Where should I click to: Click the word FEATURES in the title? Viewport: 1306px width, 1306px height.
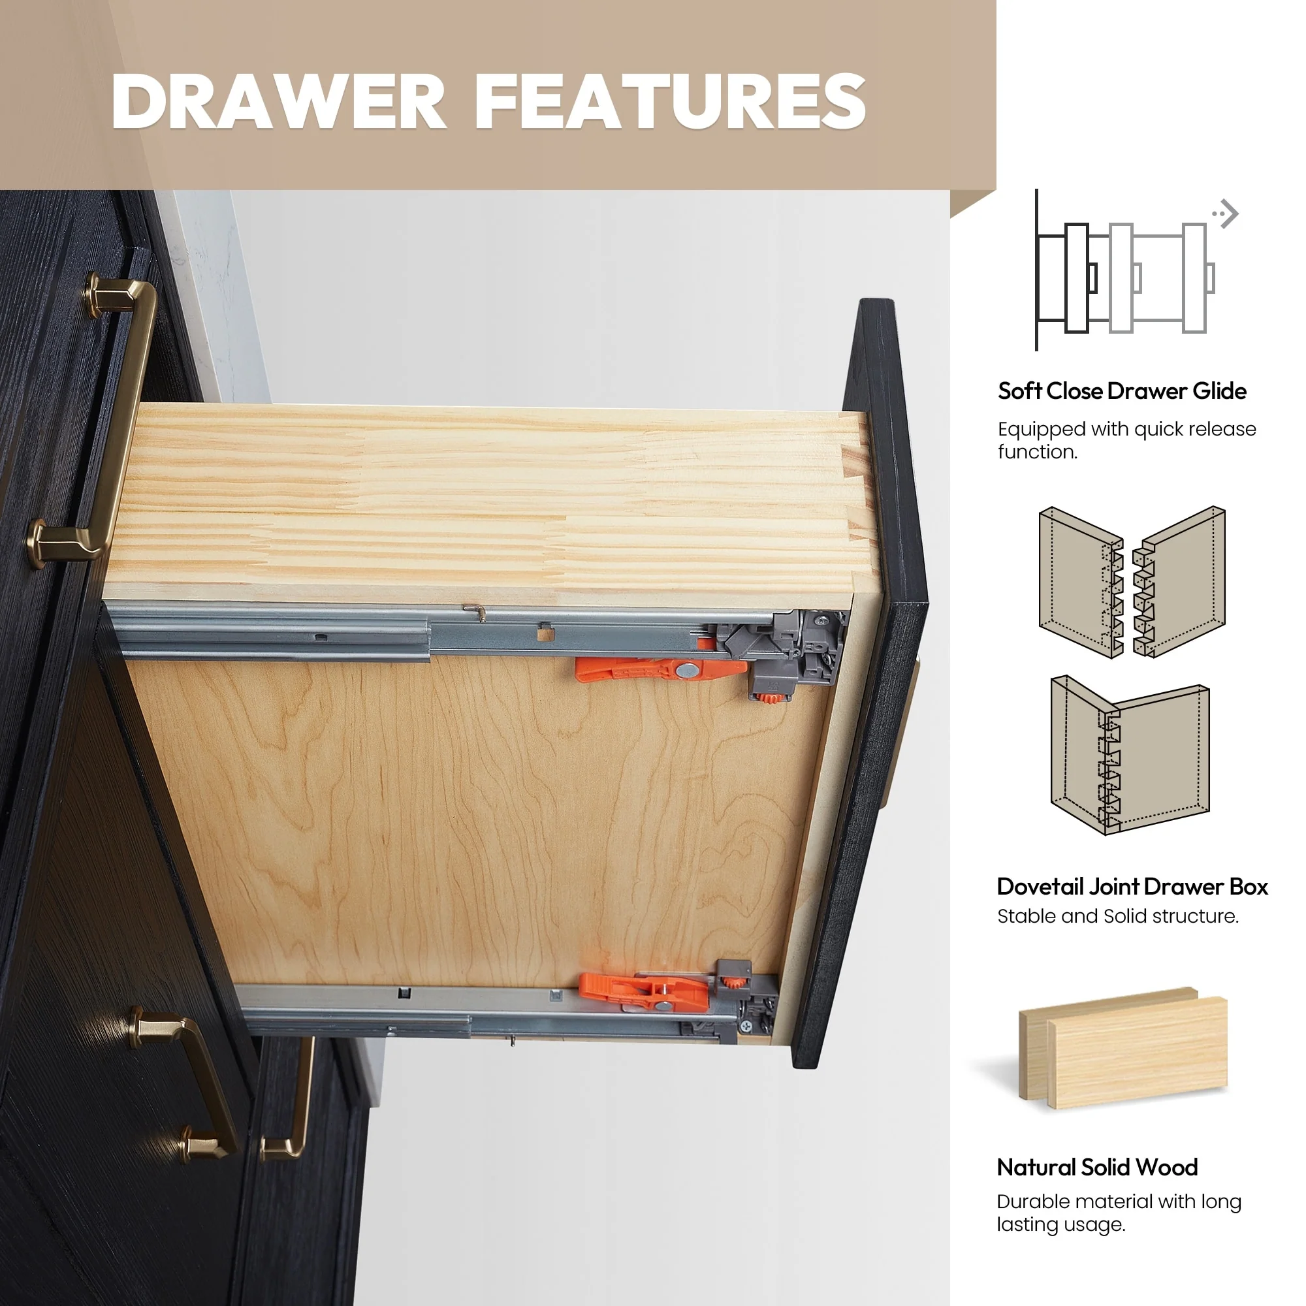(x=671, y=101)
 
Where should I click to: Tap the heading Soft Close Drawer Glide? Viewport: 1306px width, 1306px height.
(x=1122, y=390)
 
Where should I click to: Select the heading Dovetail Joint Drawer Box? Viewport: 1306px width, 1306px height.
(x=1132, y=886)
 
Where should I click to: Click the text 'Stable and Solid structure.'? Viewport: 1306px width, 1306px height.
(x=1118, y=916)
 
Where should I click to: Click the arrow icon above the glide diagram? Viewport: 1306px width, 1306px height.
(x=1225, y=214)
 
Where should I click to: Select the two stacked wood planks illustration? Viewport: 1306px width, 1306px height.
(x=1123, y=1048)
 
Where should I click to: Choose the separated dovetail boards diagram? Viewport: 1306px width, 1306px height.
(x=1132, y=581)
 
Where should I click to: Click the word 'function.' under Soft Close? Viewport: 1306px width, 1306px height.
(x=1038, y=452)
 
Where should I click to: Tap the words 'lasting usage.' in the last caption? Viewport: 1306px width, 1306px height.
(x=1060, y=1224)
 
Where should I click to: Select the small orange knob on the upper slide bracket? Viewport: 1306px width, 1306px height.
(x=767, y=698)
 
